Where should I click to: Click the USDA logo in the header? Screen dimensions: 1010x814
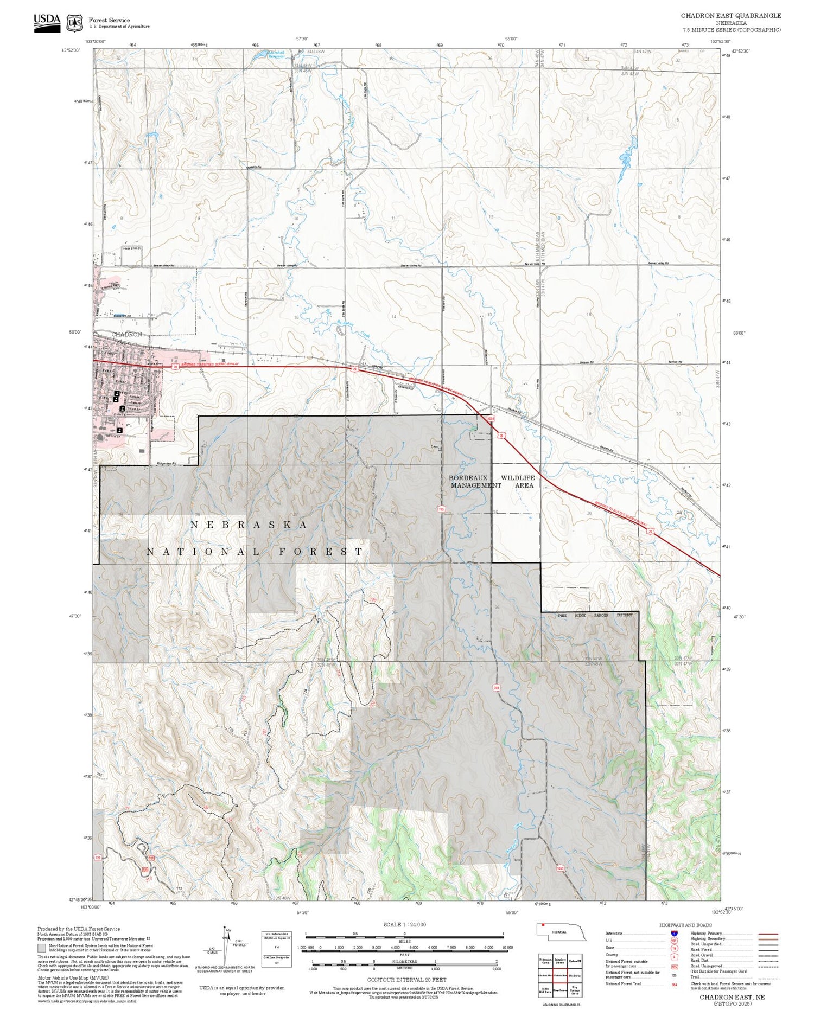tap(47, 23)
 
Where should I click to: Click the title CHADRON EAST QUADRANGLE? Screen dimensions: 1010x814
tap(731, 16)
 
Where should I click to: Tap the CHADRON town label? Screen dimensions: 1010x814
tap(126, 334)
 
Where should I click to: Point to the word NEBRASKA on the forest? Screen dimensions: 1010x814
tap(249, 525)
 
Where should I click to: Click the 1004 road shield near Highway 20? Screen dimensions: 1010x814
tap(491, 419)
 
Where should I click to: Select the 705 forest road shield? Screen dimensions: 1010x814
tap(441, 509)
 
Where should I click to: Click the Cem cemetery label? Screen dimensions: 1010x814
tap(434, 448)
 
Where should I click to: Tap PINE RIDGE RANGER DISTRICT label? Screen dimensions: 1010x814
tap(595, 615)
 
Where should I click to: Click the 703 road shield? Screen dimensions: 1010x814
tap(496, 688)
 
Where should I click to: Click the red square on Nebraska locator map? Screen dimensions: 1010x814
tap(542, 925)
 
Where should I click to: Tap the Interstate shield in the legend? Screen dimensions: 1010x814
tap(674, 933)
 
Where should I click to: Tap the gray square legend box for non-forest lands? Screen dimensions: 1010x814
tap(42, 949)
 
